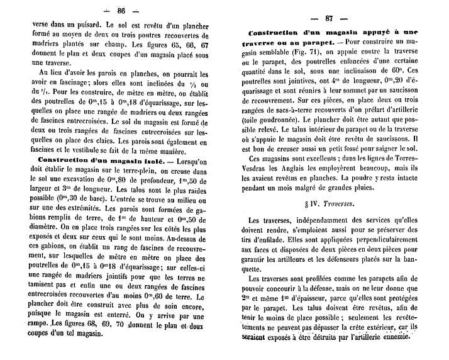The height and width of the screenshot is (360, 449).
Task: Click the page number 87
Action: pyautogui.click(x=328, y=18)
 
